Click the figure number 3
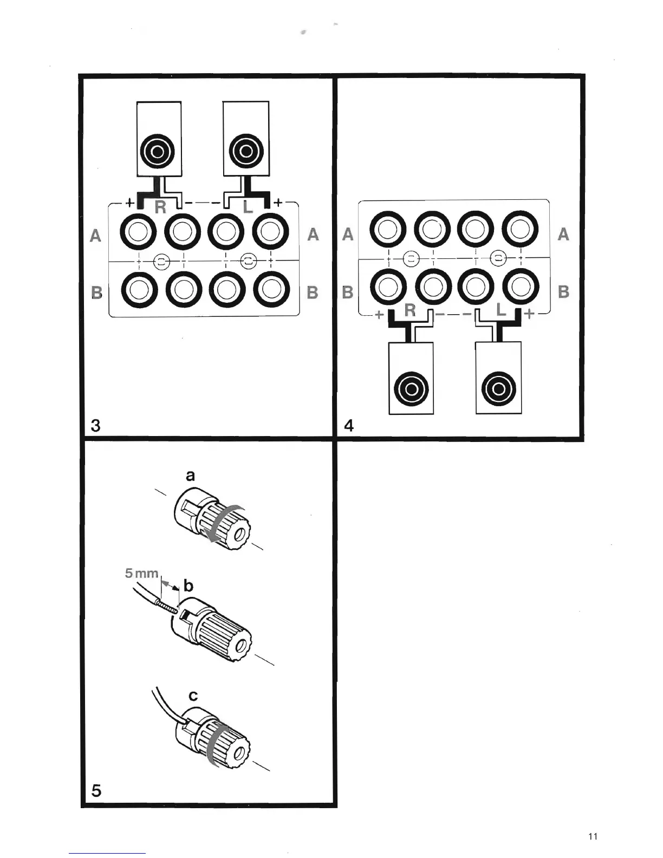point(96,425)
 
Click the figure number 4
point(349,426)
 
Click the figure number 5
point(96,791)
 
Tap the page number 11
point(593,837)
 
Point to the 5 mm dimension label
point(141,573)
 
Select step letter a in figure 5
point(190,476)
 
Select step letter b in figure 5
point(188,586)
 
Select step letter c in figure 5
point(193,695)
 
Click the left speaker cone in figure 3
point(159,151)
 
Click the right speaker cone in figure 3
point(246,151)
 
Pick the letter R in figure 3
point(160,207)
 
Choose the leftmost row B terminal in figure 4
point(388,287)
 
